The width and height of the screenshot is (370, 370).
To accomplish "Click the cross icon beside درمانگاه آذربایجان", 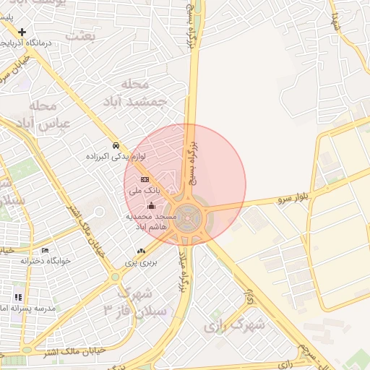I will [23, 32].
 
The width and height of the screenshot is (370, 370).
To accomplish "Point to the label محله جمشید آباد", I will [144, 93].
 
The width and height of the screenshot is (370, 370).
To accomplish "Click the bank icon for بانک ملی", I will [145, 179].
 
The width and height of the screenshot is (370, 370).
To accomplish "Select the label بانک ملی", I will [144, 191].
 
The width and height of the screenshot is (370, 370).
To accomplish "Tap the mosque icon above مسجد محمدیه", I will [150, 206].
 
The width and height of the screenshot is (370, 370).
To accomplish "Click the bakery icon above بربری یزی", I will [141, 251].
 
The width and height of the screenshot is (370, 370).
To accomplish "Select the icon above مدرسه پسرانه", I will [18, 297].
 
